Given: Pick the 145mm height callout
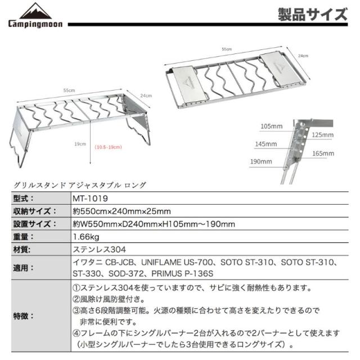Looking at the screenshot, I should coord(265,144).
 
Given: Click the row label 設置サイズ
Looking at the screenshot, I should coord(34,224).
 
